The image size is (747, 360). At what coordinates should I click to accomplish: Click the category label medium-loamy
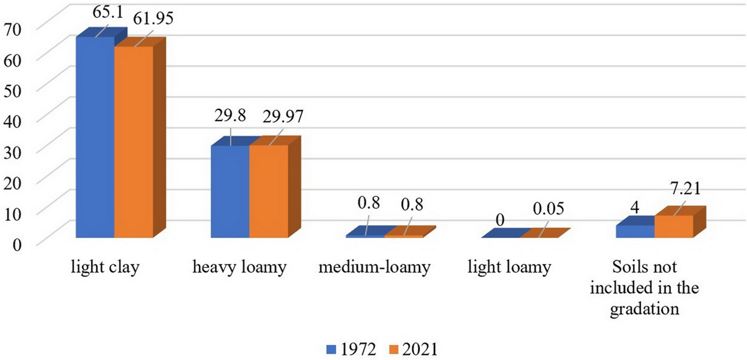click(374, 268)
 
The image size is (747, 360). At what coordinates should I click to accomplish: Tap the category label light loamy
click(509, 268)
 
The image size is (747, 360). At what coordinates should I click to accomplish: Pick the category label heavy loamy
click(240, 268)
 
